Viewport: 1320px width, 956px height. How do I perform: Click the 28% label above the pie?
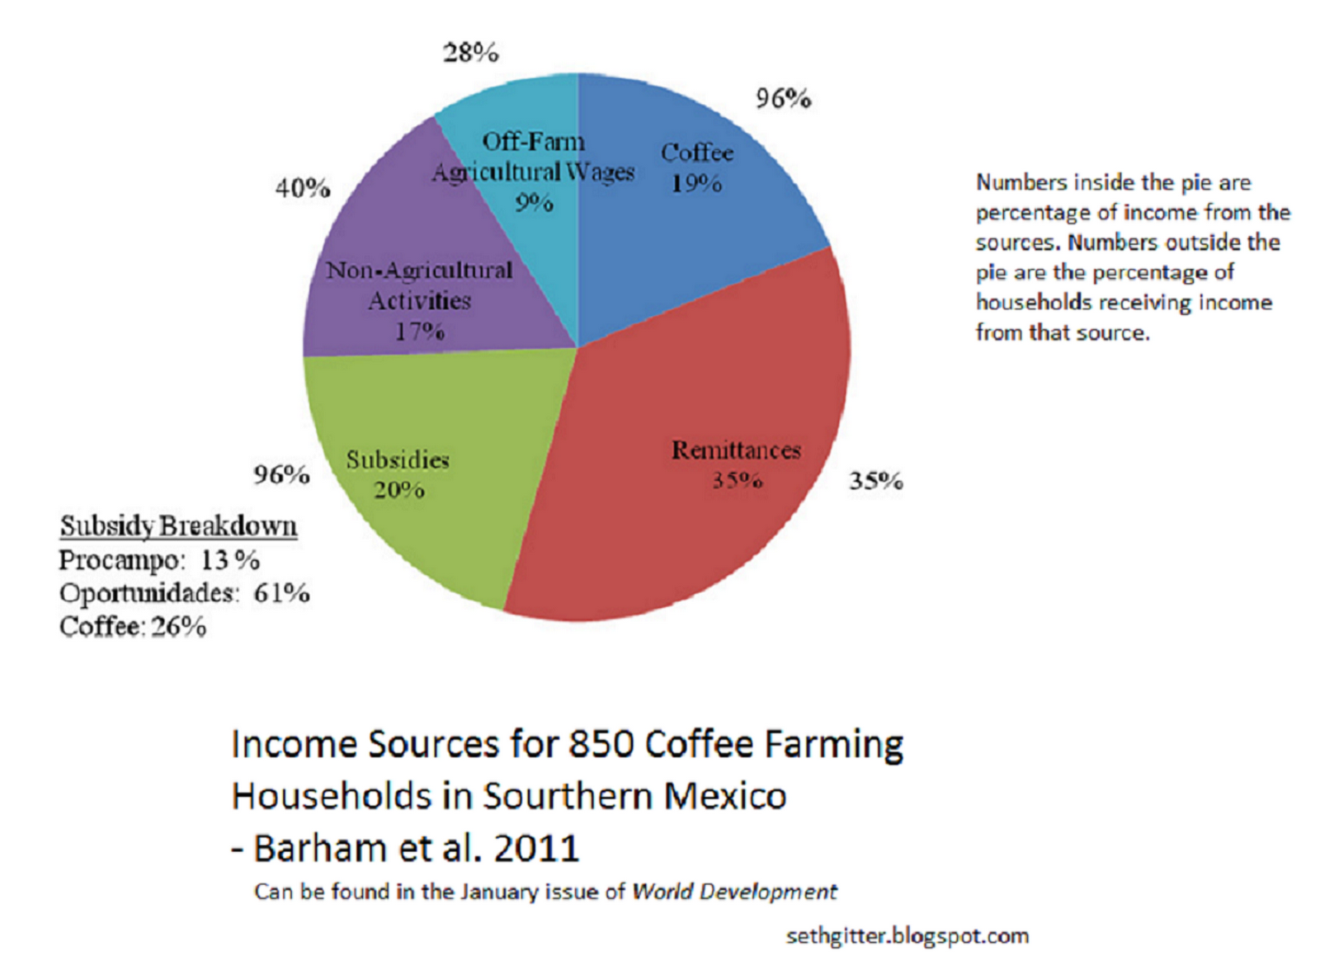pyautogui.click(x=471, y=53)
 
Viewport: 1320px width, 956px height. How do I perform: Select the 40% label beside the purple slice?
pyautogui.click(x=303, y=188)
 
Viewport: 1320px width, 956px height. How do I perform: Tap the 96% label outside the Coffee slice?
pyautogui.click(x=783, y=98)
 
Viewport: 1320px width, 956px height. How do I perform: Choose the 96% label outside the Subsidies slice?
pyautogui.click(x=281, y=474)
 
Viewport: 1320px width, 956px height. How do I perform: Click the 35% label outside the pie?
pyautogui.click(x=876, y=480)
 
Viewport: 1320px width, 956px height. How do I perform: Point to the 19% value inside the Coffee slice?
pyautogui.click(x=696, y=183)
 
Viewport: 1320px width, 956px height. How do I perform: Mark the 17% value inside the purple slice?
pyautogui.click(x=419, y=332)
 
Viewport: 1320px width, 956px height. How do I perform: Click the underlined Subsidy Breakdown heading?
pyautogui.click(x=178, y=525)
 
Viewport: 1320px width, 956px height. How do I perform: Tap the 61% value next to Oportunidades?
pyautogui.click(x=281, y=593)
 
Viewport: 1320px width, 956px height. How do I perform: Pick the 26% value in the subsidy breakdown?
pyautogui.click(x=178, y=627)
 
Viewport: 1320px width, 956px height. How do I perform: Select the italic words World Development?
pyautogui.click(x=734, y=892)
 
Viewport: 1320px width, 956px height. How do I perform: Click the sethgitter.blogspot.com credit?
pyautogui.click(x=907, y=936)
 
